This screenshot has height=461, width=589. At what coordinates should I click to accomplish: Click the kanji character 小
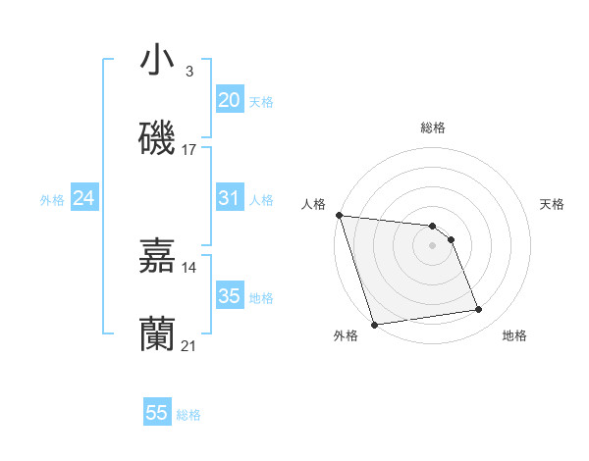click(158, 60)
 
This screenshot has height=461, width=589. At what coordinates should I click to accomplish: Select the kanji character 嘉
click(158, 256)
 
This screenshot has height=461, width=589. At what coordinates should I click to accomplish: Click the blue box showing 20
click(230, 100)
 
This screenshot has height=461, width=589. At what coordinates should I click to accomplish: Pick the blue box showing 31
click(230, 198)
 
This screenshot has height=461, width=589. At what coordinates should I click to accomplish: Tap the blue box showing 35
click(230, 296)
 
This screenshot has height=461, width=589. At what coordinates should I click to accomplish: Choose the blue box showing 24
click(84, 198)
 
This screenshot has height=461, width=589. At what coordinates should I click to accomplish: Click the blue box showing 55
click(157, 413)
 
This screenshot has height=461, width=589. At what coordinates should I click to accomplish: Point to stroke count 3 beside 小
click(189, 72)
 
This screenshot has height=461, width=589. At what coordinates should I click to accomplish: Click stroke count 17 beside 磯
click(189, 150)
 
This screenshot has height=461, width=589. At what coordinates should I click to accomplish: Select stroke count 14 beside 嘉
click(189, 267)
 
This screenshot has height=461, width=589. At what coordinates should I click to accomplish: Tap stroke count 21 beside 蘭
click(189, 346)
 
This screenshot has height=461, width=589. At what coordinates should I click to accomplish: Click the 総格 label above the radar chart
click(433, 128)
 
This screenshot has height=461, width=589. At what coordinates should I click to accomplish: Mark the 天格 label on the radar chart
click(553, 204)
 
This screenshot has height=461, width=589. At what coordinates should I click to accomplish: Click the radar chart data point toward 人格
click(339, 215)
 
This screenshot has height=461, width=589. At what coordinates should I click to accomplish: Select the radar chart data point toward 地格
click(479, 310)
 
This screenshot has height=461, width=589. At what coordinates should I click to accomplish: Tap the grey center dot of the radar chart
click(433, 245)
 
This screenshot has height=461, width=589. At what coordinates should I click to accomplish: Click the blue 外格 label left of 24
click(52, 199)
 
